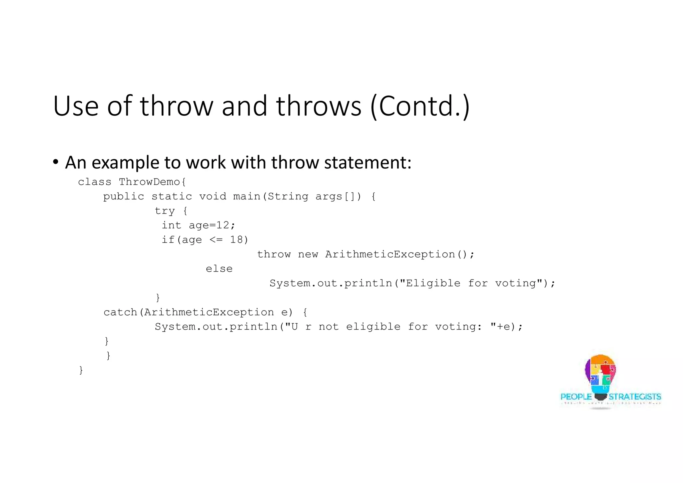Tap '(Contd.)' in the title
point(420,106)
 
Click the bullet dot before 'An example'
point(56,162)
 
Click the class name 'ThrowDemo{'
point(152,182)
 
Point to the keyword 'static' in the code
point(172,196)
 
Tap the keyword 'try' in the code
point(165,211)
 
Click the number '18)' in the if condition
point(239,240)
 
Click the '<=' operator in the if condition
point(216,240)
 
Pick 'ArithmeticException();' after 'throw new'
point(400,255)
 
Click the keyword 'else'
point(219,269)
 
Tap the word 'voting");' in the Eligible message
point(525,284)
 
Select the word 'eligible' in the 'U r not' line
point(373,327)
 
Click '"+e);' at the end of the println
point(506,327)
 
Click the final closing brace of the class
point(81,370)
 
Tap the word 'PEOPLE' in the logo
point(576,397)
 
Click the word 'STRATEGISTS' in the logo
point(635,397)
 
